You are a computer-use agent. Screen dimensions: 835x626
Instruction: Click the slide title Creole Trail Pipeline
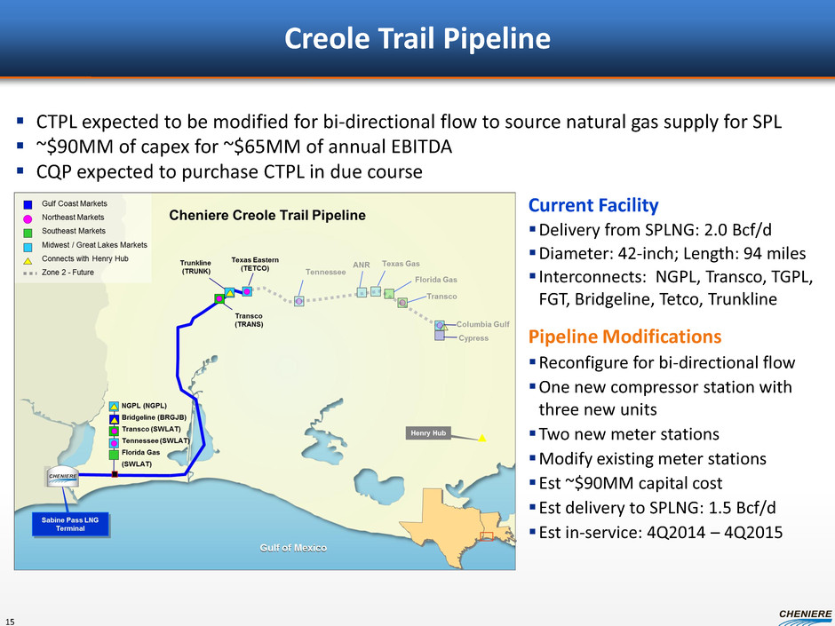[x=417, y=38]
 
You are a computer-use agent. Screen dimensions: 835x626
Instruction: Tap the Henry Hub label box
[x=428, y=433]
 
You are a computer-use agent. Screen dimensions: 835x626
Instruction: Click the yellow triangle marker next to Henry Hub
[x=482, y=438]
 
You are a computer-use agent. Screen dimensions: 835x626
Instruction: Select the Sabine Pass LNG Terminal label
[x=70, y=524]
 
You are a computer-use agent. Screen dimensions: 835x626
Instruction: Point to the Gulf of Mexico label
[x=293, y=548]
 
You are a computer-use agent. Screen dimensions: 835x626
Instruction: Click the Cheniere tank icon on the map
[x=63, y=477]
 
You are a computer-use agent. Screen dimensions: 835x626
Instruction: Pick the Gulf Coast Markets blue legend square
[x=28, y=204]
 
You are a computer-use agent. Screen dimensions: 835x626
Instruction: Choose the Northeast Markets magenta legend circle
[x=28, y=218]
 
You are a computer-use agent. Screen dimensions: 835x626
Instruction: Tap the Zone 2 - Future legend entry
[x=60, y=273]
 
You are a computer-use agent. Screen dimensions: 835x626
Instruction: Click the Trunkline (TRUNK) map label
[x=195, y=266]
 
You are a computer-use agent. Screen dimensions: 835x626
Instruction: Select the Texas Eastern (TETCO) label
[x=255, y=264]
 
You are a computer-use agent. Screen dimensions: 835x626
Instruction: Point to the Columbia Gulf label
[x=483, y=324]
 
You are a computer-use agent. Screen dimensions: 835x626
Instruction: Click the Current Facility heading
[x=593, y=205]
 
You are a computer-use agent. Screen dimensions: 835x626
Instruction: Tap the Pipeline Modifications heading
[x=624, y=337]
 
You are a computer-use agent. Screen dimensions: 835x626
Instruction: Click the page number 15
[x=11, y=622]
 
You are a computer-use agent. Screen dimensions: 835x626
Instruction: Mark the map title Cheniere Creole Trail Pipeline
[x=267, y=216]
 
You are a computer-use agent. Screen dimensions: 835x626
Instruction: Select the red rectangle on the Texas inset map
[x=487, y=536]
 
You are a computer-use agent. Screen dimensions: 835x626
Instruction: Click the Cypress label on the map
[x=473, y=338]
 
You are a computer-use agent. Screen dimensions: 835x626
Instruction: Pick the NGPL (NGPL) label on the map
[x=144, y=406]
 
